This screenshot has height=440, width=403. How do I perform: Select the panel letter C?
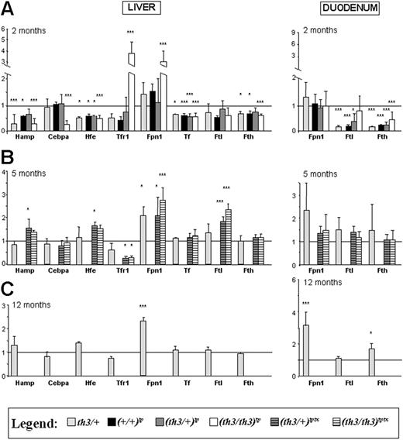point(8,287)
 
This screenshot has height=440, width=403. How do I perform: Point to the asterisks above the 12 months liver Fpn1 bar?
point(143,306)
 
